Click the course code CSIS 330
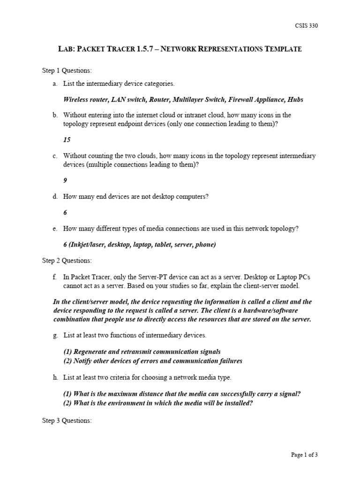(307, 26)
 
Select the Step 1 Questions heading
(67, 70)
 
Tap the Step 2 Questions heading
(67, 261)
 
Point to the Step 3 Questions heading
(67, 420)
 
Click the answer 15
(67, 140)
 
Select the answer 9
(65, 180)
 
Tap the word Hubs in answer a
(295, 99)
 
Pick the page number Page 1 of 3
(304, 454)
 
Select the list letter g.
(55, 335)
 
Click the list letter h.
(55, 377)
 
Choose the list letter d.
(55, 196)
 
